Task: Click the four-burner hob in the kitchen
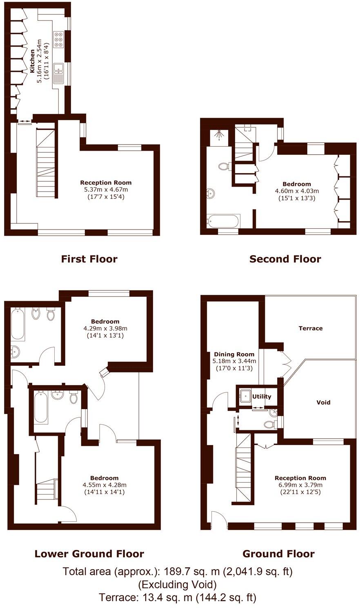click(58, 38)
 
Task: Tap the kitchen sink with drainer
click(59, 73)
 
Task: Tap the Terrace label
click(310, 328)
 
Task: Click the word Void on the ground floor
click(323, 402)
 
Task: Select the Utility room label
click(262, 396)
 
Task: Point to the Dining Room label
click(234, 354)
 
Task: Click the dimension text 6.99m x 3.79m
click(300, 485)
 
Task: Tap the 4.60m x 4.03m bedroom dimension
click(297, 191)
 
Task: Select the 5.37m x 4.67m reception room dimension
click(106, 189)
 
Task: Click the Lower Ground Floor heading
click(89, 554)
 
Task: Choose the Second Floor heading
click(285, 259)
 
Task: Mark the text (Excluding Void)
click(178, 585)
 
